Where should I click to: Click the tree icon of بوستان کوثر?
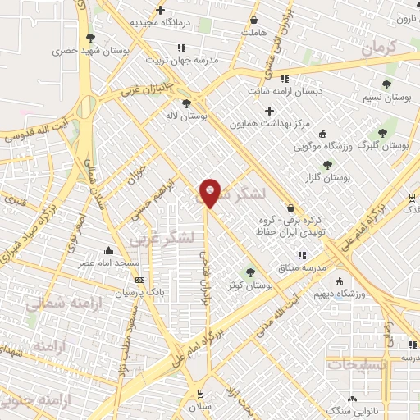250,272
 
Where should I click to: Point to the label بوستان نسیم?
386,97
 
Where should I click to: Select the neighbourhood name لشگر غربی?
161,238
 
